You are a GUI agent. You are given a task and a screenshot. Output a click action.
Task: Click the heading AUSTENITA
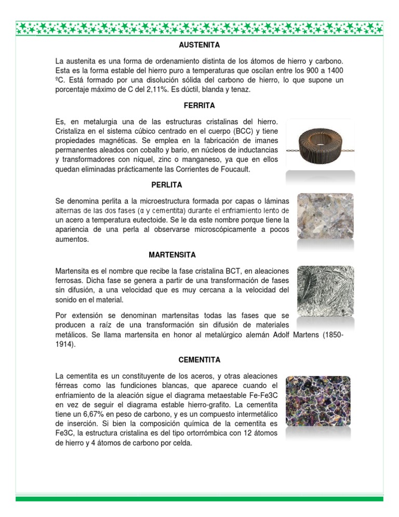(199, 46)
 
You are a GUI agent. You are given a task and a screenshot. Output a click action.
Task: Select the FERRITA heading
(199, 106)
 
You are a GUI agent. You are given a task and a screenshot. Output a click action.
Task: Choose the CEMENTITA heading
(199, 360)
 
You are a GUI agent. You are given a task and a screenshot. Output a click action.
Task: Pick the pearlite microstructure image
(325, 216)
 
